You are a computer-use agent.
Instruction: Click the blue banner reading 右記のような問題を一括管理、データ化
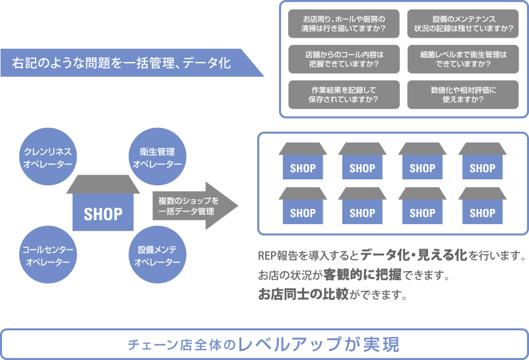[x=125, y=63]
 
